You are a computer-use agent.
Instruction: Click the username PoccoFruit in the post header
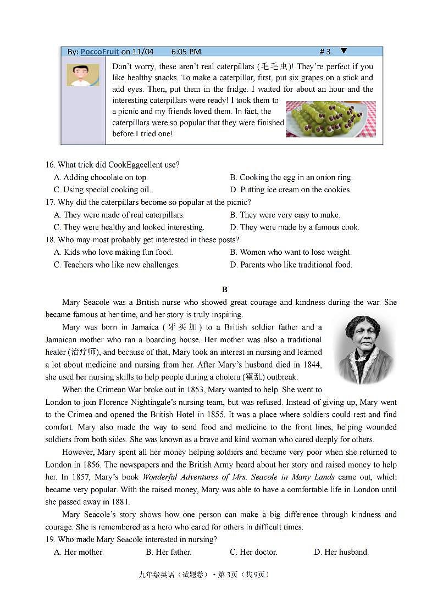click(x=99, y=52)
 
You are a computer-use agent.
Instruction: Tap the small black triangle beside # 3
click(x=344, y=51)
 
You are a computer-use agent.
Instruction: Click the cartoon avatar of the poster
click(x=83, y=75)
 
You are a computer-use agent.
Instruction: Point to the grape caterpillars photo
click(x=330, y=119)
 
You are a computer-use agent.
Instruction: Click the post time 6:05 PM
click(x=186, y=52)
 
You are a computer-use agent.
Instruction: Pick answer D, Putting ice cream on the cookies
click(x=290, y=190)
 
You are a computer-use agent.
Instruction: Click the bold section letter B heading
click(x=224, y=289)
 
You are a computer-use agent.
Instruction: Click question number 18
click(x=51, y=240)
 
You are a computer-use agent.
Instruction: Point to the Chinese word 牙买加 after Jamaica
click(x=182, y=327)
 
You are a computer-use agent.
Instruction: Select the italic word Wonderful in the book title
click(x=160, y=477)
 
